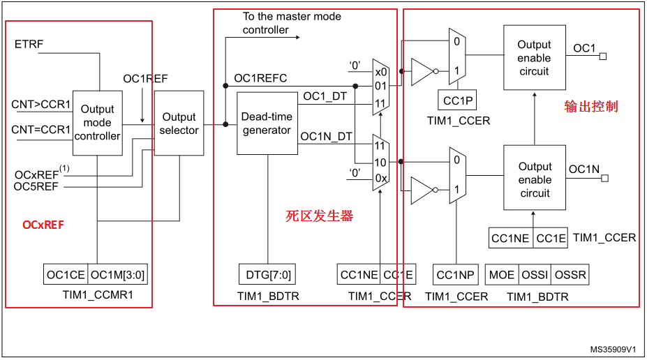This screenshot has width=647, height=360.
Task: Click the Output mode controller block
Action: pos(97,123)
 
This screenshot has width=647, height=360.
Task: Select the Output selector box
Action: pos(179,123)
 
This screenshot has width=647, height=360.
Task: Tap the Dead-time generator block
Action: pos(267,123)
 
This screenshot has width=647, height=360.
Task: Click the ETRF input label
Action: pos(29,45)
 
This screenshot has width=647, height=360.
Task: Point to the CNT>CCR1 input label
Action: pos(41,105)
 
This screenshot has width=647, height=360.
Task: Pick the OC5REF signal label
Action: pos(36,186)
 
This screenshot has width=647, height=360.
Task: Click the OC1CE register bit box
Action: pos(66,275)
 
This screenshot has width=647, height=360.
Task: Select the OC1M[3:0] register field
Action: pos(118,275)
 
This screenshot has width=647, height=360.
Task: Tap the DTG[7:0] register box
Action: pos(268,275)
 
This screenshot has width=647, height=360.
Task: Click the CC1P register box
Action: pos(458,101)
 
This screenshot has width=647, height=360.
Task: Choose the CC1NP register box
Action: pos(455,275)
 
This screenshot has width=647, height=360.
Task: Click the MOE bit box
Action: pos(502,275)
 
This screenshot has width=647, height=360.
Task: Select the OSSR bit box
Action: pos(570,275)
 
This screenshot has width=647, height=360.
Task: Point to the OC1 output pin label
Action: pos(584,48)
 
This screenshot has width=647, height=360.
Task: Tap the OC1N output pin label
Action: pos(584,170)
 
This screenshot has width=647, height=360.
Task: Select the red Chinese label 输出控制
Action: pos(591,107)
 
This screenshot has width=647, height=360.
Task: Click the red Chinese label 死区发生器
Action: pos(320,216)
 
